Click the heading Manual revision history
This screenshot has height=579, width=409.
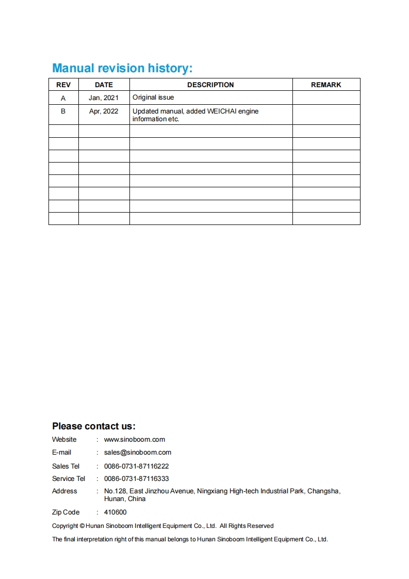point(122,68)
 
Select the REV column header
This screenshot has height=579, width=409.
point(63,85)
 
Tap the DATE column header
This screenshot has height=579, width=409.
point(104,85)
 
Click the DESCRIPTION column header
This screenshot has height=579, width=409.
point(210,85)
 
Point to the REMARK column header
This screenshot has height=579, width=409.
point(326,85)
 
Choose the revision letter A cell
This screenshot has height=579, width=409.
point(63,98)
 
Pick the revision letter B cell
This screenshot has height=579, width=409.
point(63,111)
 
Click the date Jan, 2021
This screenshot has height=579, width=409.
point(104,98)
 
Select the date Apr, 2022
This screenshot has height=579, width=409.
point(104,111)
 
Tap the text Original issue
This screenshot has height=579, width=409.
point(153,97)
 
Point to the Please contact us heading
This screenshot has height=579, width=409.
point(93,426)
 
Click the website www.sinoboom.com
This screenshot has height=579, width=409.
point(135,440)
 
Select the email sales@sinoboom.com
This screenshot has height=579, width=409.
point(138,453)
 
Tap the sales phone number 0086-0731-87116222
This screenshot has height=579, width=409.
point(137,466)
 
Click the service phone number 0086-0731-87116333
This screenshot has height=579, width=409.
point(137,479)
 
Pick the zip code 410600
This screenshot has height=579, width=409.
point(115,512)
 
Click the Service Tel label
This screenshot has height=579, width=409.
point(69,479)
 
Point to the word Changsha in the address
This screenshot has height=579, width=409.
point(323,491)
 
